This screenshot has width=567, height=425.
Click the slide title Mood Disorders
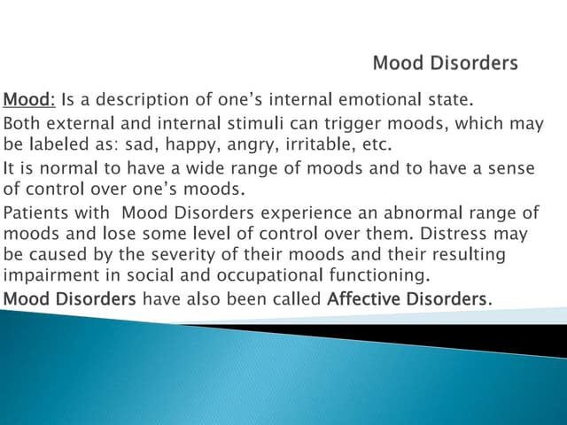(445, 63)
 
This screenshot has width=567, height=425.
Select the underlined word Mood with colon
(30, 99)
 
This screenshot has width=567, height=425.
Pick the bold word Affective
(365, 298)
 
